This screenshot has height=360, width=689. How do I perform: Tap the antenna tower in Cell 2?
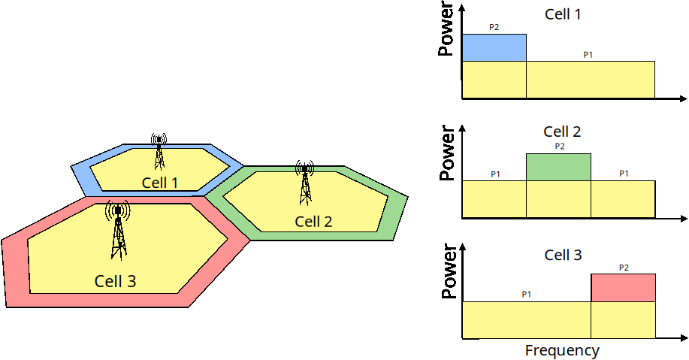click(305, 183)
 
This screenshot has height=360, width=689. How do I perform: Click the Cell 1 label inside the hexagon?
click(159, 183)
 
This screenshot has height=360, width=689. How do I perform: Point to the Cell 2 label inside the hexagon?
click(313, 221)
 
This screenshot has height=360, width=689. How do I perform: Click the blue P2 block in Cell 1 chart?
click(494, 47)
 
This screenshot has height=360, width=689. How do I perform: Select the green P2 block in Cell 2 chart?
click(558, 167)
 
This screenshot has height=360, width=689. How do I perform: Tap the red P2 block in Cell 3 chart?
click(623, 287)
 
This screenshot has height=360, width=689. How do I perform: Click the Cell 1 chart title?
click(563, 14)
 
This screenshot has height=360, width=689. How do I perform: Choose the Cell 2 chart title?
click(563, 132)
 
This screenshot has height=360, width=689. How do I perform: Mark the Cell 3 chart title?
click(563, 256)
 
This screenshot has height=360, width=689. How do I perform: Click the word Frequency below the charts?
click(562, 350)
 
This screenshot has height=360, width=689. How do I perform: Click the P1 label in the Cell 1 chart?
click(588, 54)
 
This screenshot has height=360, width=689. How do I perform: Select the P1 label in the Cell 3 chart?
click(527, 294)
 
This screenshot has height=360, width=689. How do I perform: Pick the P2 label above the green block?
click(559, 146)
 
